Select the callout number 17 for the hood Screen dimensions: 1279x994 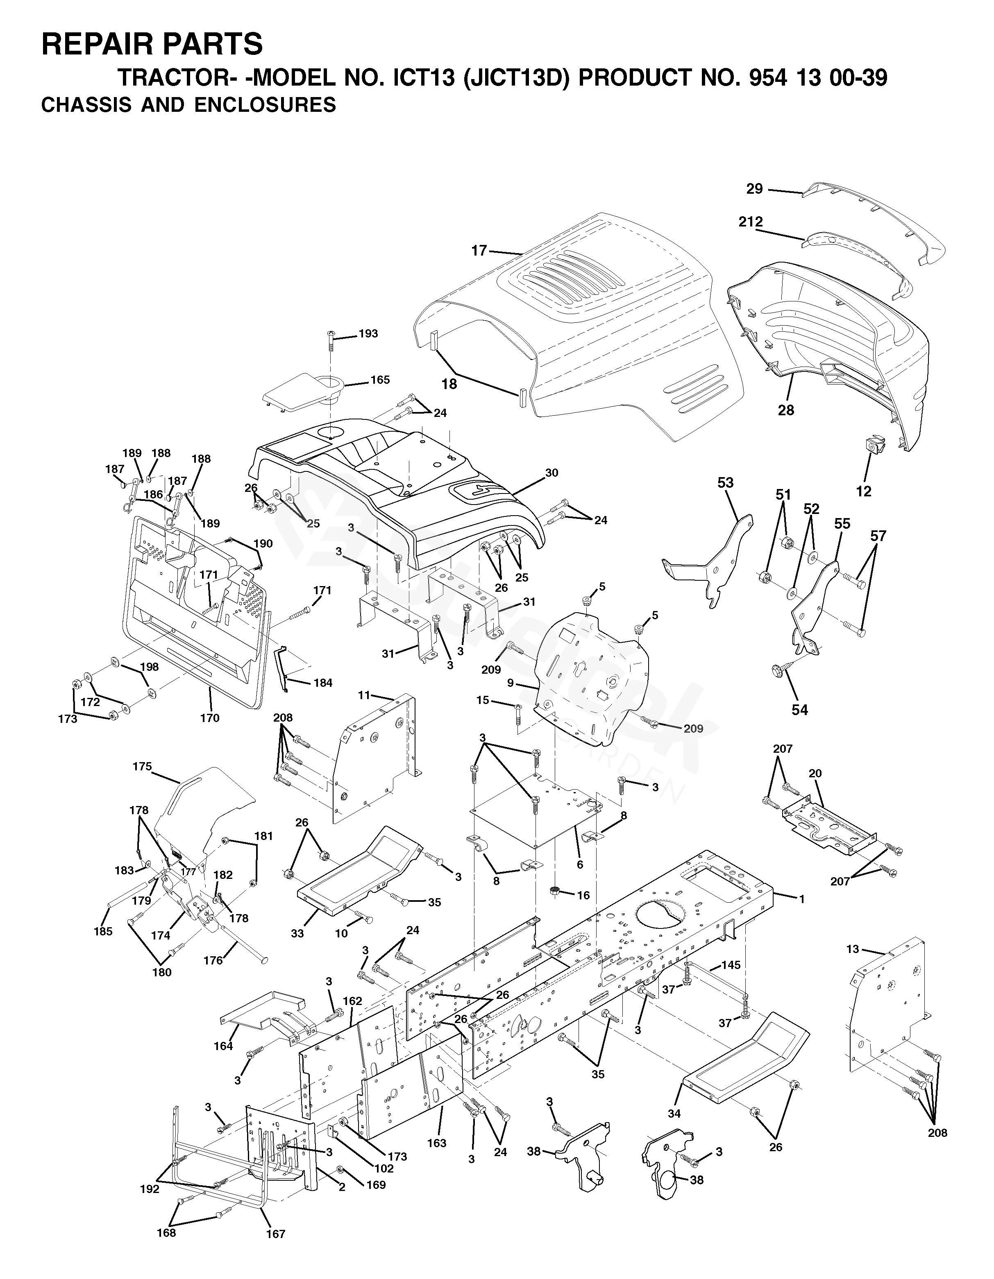[479, 251]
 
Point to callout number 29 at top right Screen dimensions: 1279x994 [754, 188]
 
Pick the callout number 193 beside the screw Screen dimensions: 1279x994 [368, 334]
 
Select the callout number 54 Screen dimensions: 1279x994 [799, 710]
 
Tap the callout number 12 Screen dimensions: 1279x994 [863, 491]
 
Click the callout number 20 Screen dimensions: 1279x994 [815, 774]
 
